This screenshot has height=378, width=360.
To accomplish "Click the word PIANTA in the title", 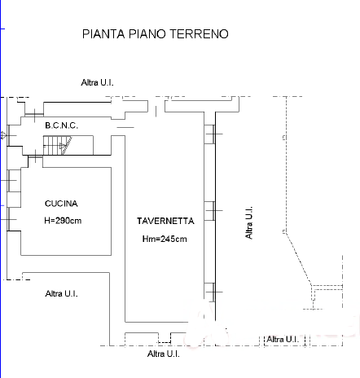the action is pos(103,34).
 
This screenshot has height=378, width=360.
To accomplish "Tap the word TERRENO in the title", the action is pos(199,34).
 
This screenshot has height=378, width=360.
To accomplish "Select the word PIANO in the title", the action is pos(147,34).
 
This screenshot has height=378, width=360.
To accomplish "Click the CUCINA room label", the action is pos(61,204).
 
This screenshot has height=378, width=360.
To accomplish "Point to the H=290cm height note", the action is pos(63,221).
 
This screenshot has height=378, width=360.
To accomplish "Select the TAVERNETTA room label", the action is pos(165,221).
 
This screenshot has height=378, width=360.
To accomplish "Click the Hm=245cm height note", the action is pos(165,239).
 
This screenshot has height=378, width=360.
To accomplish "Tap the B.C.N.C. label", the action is pos(62,125).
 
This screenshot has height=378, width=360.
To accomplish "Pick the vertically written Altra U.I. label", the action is pos(249,222).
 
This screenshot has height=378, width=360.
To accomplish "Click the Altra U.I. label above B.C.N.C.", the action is pos(97,82).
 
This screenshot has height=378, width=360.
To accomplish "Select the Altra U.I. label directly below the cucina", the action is pos(62,293).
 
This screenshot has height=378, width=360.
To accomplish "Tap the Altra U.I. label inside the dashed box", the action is pos(283,339).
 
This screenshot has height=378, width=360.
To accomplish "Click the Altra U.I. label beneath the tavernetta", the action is pos(164,354).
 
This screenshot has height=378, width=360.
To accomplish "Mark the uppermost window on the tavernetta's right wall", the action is pos(210,134).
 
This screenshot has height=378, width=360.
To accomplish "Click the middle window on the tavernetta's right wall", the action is pos(210,211).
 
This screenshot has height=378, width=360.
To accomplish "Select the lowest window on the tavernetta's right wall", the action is pos(210,292).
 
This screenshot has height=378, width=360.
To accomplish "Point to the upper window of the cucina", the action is pos(14,181).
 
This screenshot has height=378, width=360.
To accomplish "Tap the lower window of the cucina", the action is pos(14,219).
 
